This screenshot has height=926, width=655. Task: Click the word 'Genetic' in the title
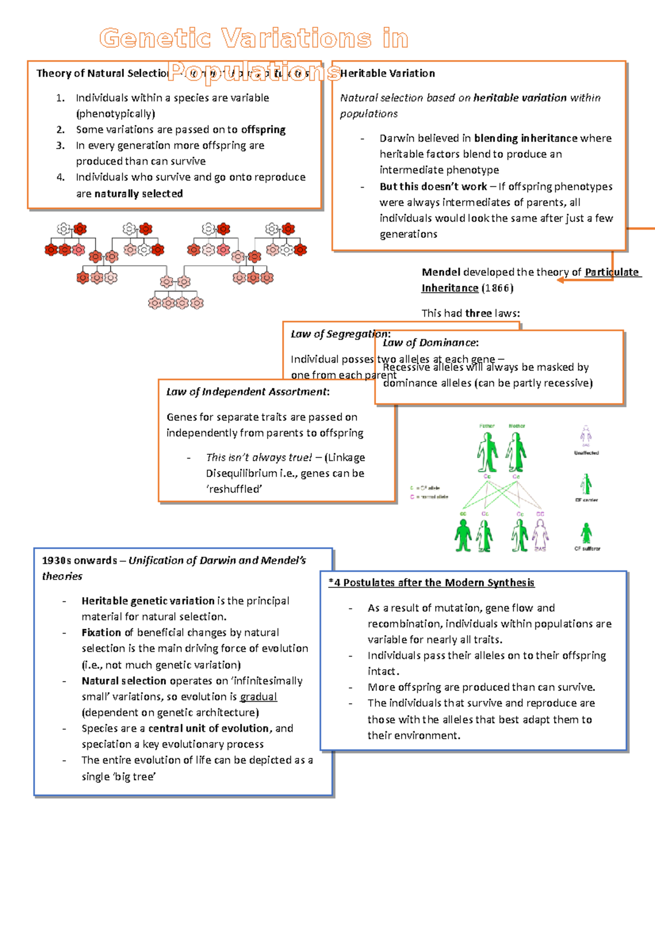[x=155, y=39]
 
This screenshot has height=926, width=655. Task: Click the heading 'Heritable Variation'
[x=388, y=73]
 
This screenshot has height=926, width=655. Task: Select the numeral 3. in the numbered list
[x=61, y=146]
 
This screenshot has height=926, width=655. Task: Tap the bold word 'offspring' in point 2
[x=263, y=130]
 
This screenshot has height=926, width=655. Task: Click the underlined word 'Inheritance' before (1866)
[x=450, y=288]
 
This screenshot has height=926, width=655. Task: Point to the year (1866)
[x=497, y=288]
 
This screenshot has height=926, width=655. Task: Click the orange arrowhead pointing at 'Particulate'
[x=561, y=280]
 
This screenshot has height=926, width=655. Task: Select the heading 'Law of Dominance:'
[x=430, y=343]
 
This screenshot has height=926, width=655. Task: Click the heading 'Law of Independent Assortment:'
[x=248, y=392]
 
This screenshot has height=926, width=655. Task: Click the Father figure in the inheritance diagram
[x=487, y=452]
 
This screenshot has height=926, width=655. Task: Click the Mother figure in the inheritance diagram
[x=516, y=452]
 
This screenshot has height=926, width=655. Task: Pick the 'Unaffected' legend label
[x=586, y=453]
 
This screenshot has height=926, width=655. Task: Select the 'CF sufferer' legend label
[x=587, y=549]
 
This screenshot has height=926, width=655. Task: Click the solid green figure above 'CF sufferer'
[x=586, y=533]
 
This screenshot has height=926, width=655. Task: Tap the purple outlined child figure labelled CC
[x=540, y=534]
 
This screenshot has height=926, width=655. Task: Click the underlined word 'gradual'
[x=258, y=697]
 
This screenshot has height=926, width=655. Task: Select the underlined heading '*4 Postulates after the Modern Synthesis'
[x=431, y=583]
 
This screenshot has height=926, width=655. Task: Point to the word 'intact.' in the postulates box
[x=383, y=671]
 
